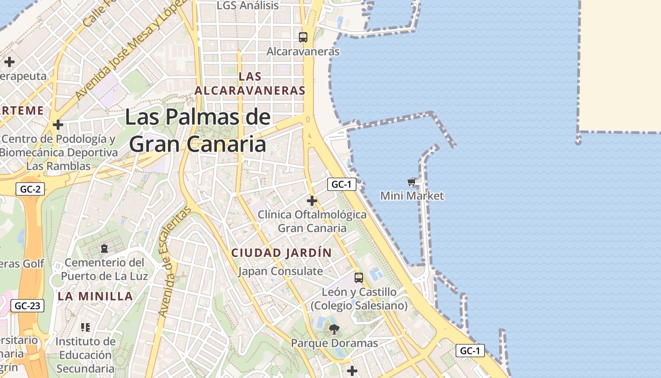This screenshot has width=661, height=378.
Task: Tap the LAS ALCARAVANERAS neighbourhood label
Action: click(250, 83)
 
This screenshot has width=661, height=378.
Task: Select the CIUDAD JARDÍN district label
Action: click(281, 253)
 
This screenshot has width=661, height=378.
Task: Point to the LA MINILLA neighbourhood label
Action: click(95, 296)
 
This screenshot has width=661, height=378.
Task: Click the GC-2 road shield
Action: click(31, 189)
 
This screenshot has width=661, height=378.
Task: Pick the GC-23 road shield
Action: click(27, 306)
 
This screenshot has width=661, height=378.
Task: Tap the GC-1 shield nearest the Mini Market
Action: click(341, 184)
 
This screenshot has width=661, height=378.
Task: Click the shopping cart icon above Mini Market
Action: click(411, 182)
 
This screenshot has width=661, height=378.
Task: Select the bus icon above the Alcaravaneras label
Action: click(303, 37)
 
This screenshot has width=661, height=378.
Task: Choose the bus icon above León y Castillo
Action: click(359, 277)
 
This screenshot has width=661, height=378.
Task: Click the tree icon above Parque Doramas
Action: click(334, 329)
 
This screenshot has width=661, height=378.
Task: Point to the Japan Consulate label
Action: click(280, 271)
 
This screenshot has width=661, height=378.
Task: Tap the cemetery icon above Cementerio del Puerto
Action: click(104, 248)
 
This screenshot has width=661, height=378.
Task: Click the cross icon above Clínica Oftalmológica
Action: click(312, 201)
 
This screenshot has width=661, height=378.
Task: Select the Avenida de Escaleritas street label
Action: click(175, 262)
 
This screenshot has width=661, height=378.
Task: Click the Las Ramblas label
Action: click(59, 166)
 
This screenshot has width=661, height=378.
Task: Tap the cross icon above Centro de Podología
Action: click(58, 125)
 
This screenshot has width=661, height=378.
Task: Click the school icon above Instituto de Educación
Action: click(85, 327)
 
